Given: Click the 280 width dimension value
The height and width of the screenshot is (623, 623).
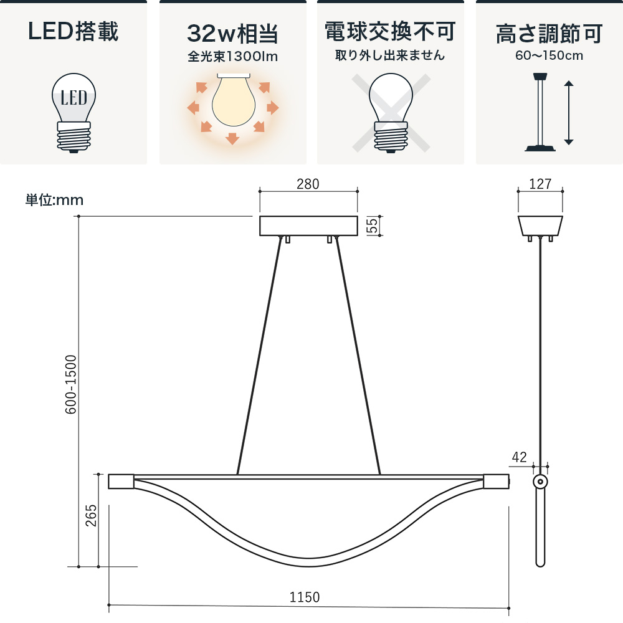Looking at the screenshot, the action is pos(308,184).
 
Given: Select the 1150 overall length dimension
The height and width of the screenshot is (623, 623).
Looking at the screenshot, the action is pos(305,597).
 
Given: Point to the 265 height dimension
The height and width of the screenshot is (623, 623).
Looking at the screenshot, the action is pos(91,515).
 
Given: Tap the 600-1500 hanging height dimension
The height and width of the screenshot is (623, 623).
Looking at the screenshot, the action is pos(70,384).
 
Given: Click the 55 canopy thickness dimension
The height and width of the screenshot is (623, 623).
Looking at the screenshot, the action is pos(372,226).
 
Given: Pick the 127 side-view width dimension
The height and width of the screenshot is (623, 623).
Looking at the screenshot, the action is pos(540,184).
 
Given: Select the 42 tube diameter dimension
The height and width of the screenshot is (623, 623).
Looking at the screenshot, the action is pos(520,457).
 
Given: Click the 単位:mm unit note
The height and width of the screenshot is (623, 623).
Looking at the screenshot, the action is pos(54,199).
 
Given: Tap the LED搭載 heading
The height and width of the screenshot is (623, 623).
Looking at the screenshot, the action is pos(74,31).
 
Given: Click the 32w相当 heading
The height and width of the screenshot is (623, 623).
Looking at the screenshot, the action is pos(233,34).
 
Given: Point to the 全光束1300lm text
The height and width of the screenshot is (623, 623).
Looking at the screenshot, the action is pos(233,57).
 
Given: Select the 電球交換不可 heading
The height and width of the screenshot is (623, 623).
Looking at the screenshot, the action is pos(390,31).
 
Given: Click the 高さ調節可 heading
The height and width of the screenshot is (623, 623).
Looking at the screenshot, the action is pos(549,34).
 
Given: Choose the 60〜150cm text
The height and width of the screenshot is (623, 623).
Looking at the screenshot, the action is pos(549,55).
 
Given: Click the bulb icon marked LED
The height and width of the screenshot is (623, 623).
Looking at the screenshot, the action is pos(74,113).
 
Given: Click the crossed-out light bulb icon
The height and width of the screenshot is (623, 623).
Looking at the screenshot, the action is pos(391,112).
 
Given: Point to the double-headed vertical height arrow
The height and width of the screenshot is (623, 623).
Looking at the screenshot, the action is pos(569,112).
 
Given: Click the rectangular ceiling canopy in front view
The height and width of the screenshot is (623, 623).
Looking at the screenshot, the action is pos(308,226).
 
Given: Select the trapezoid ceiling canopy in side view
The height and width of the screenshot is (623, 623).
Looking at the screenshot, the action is pos(540,226).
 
